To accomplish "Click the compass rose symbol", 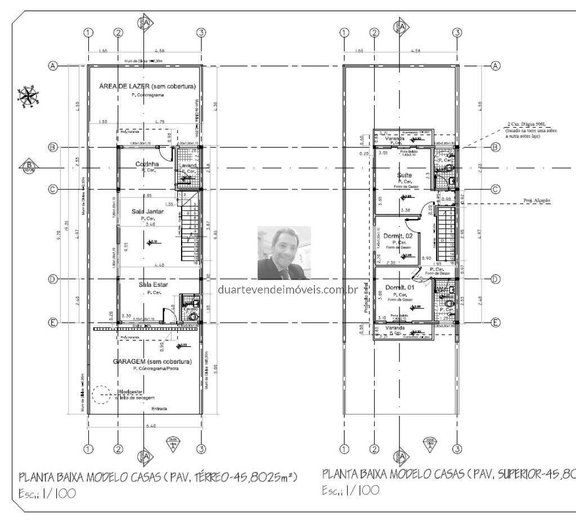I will pyautogui.click(x=26, y=96).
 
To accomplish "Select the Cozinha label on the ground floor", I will pyautogui.click(x=147, y=164).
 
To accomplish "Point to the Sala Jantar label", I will pyautogui.click(x=147, y=211).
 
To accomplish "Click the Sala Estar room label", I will pyautogui.click(x=148, y=285).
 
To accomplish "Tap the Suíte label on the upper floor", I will pyautogui.click(x=404, y=175).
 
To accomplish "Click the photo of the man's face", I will pyautogui.click(x=284, y=253).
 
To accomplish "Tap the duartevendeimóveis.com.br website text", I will pyautogui.click(x=287, y=290).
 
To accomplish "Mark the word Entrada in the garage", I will pyautogui.click(x=159, y=409).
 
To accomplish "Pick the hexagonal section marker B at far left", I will pyautogui.click(x=28, y=166).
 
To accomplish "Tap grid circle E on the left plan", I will pyautogui.click(x=53, y=322).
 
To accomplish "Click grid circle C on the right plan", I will pyautogui.click(x=496, y=190).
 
